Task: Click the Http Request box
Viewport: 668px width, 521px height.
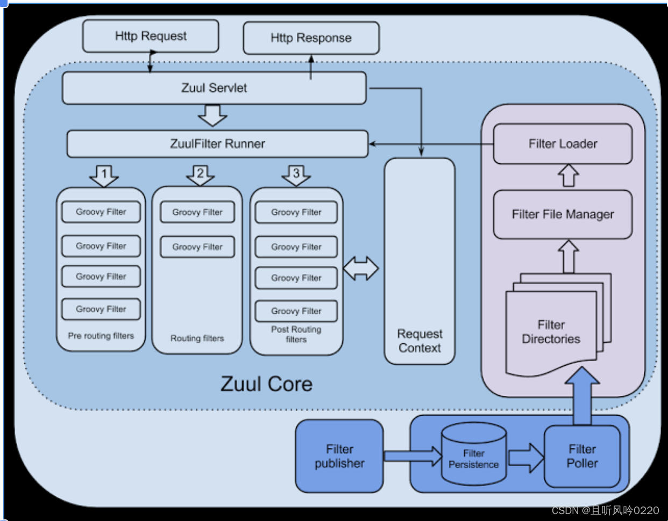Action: point(151,36)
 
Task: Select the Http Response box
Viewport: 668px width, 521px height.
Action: point(311,38)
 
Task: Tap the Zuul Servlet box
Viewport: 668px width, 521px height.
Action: point(214,88)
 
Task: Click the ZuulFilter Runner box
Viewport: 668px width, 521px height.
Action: point(217,144)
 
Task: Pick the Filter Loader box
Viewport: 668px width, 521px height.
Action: point(563,144)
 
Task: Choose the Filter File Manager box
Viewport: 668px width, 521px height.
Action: point(563,214)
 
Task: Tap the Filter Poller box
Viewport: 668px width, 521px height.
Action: point(582,456)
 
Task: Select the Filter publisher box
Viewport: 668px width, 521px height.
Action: point(339,456)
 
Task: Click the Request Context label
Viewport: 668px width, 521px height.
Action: point(420,341)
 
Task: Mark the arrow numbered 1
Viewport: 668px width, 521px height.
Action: point(104,175)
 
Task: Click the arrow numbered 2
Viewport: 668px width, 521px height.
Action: point(200,175)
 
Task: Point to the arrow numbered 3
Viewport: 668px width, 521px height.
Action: point(296,175)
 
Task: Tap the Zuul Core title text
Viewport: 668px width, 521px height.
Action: point(266,384)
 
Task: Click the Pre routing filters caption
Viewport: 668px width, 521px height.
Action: point(101,336)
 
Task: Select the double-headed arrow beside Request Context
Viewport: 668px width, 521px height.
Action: point(361,269)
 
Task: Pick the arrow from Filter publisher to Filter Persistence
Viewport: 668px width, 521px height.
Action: point(412,456)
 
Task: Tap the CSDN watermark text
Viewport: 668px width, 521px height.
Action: point(605,510)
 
